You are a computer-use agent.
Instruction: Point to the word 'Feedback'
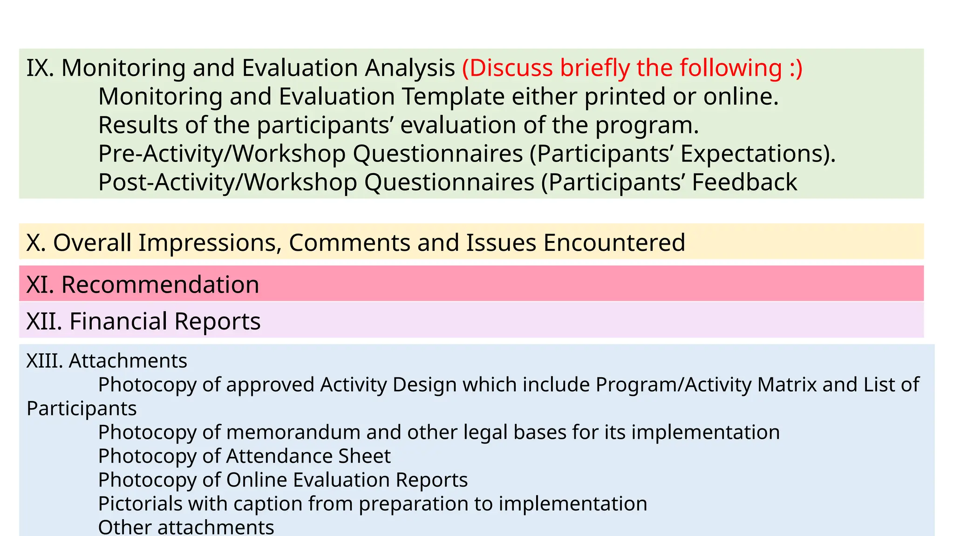coord(744,182)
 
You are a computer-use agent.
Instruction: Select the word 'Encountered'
coord(614,242)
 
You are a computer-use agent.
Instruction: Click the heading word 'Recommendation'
coord(160,284)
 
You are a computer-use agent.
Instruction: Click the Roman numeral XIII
coord(44,361)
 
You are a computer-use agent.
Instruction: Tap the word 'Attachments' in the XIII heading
coord(128,361)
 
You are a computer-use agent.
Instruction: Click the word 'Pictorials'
coord(140,504)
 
